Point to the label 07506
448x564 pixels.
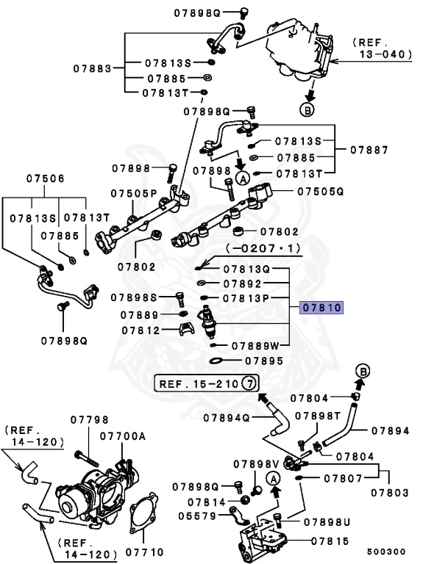click(x=46, y=178)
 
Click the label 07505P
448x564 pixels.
click(x=135, y=193)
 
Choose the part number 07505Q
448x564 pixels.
click(x=321, y=191)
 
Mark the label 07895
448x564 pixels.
click(x=263, y=361)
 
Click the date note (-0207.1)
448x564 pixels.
click(x=263, y=249)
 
